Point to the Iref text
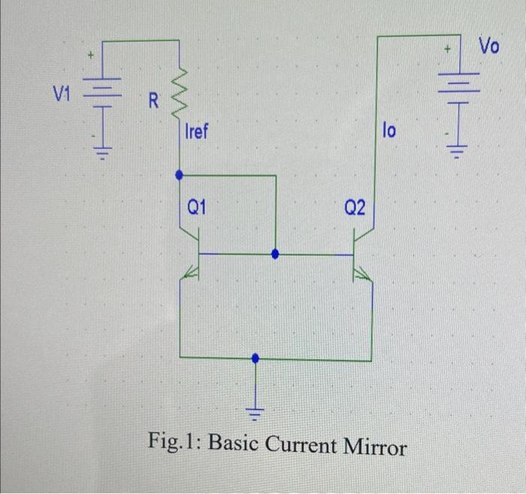pyautogui.click(x=197, y=133)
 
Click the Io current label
pyautogui.click(x=388, y=131)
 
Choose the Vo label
pyautogui.click(x=488, y=47)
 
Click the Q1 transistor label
pyautogui.click(x=197, y=208)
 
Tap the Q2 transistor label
pyautogui.click(x=355, y=207)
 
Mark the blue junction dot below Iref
pyautogui.click(x=180, y=175)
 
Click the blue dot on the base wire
pyautogui.click(x=275, y=255)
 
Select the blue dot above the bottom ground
pyautogui.click(x=256, y=358)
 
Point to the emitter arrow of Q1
pyautogui.click(x=190, y=276)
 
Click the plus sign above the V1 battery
pyautogui.click(x=91, y=54)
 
